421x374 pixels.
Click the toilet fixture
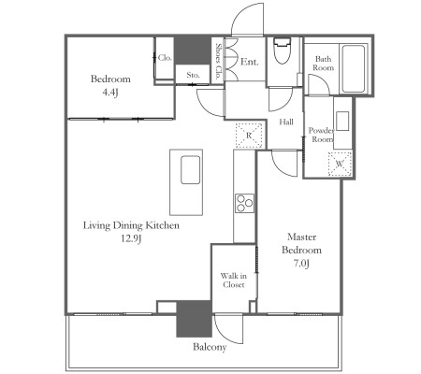pos(282,50)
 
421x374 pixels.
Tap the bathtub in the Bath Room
pos(353,68)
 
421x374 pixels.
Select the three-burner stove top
pos(244,203)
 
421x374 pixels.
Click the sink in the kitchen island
pos(190,170)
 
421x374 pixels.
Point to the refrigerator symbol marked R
pos(249,136)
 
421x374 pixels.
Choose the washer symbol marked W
pos(340,164)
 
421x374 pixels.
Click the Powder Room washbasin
pos(342,121)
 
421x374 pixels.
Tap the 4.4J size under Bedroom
pos(110,93)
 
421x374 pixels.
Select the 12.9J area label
pos(131,238)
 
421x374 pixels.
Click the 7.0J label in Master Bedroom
pos(301,264)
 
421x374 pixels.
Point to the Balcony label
pos(210,347)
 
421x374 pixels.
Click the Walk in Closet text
pos(234,280)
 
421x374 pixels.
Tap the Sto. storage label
pos(193,75)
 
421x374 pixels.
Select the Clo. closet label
pos(165,58)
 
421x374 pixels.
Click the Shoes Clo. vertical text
pos(218,62)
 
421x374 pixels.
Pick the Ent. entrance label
pos(250,62)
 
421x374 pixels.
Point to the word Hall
pos(286,122)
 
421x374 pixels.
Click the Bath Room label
pos(324,64)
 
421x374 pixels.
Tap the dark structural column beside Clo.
pos(193,50)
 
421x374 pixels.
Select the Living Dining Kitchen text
pos(131,225)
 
